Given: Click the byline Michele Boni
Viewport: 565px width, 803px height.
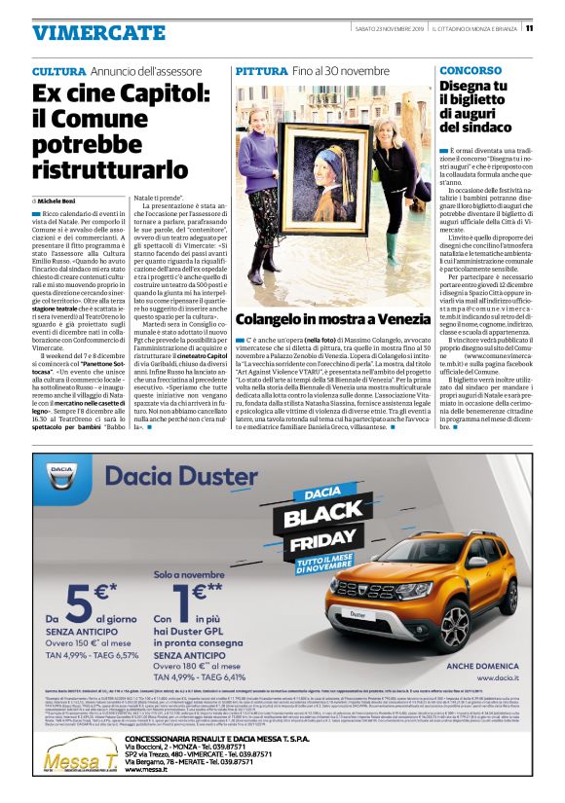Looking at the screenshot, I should point(61,199).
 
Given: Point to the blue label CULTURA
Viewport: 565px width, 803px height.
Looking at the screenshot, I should point(58,72).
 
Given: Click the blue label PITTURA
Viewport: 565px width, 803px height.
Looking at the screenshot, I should point(261,72).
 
